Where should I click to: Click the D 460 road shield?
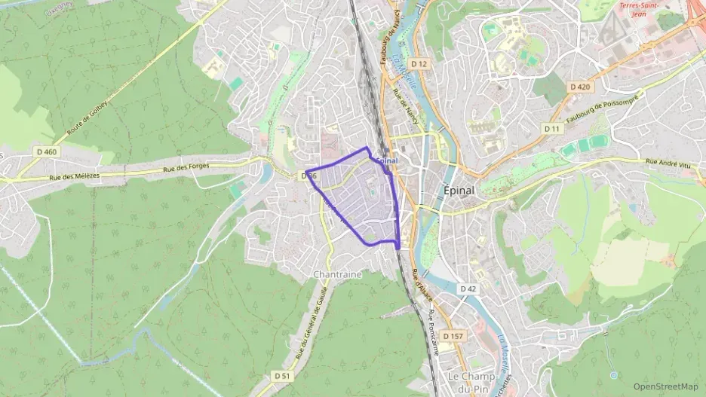(47, 152)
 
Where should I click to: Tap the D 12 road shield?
(419, 64)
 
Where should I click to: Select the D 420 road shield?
(580, 87)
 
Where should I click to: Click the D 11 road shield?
(553, 129)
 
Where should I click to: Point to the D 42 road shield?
(468, 289)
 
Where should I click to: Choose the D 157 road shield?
(453, 336)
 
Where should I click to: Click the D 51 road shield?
(281, 375)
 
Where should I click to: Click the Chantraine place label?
(337, 275)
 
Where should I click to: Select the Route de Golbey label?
(86, 116)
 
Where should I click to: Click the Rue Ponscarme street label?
(431, 313)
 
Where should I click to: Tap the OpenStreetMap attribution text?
(665, 386)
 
